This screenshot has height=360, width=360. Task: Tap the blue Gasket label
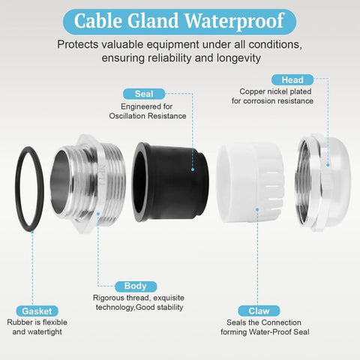[x=37, y=311]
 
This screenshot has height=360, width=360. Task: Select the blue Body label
[x=136, y=286]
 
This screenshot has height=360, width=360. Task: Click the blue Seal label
[x=144, y=94]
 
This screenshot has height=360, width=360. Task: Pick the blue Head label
[x=292, y=79]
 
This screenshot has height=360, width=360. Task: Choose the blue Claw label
[x=259, y=311]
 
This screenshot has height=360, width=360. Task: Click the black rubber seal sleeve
[x=170, y=182]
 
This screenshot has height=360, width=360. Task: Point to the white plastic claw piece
[x=250, y=184]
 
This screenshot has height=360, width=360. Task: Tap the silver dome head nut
[x=322, y=183]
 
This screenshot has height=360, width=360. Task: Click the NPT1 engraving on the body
[x=103, y=175]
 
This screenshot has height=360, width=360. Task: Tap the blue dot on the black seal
[x=193, y=169]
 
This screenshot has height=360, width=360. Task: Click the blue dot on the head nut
[x=328, y=165]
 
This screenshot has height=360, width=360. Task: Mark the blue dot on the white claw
[x=257, y=209]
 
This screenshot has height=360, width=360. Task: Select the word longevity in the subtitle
[x=238, y=58]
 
